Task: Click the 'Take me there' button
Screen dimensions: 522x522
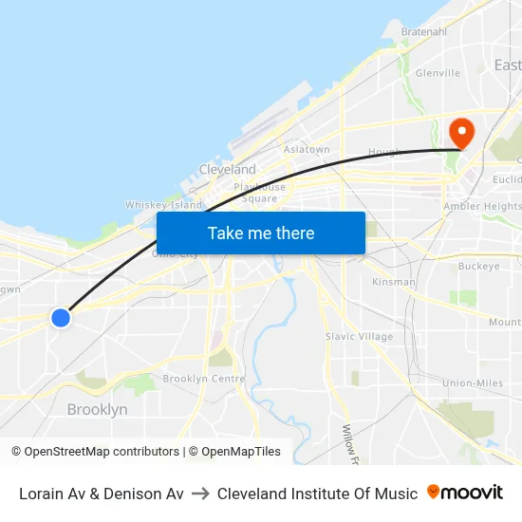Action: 261,233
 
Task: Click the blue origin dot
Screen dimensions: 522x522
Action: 61,318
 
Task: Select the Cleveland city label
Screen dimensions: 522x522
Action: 227,169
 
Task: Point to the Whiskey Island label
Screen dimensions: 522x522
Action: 164,205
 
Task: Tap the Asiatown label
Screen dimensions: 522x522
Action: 307,150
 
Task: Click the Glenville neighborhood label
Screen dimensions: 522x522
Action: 438,72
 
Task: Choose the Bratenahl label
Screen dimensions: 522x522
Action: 423,31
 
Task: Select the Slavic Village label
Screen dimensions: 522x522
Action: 359,336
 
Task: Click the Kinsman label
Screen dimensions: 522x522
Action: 393,282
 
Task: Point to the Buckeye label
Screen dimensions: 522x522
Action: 478,267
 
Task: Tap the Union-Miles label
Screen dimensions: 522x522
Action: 473,382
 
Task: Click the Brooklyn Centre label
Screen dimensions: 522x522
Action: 204,379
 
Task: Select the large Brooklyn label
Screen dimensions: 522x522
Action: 97,410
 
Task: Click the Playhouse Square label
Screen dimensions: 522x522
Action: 259,193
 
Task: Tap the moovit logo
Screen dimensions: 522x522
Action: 465,493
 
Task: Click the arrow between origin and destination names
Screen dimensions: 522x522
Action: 200,494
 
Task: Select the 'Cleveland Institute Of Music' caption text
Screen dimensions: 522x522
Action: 317,494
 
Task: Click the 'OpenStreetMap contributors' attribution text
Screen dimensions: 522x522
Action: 102,452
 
